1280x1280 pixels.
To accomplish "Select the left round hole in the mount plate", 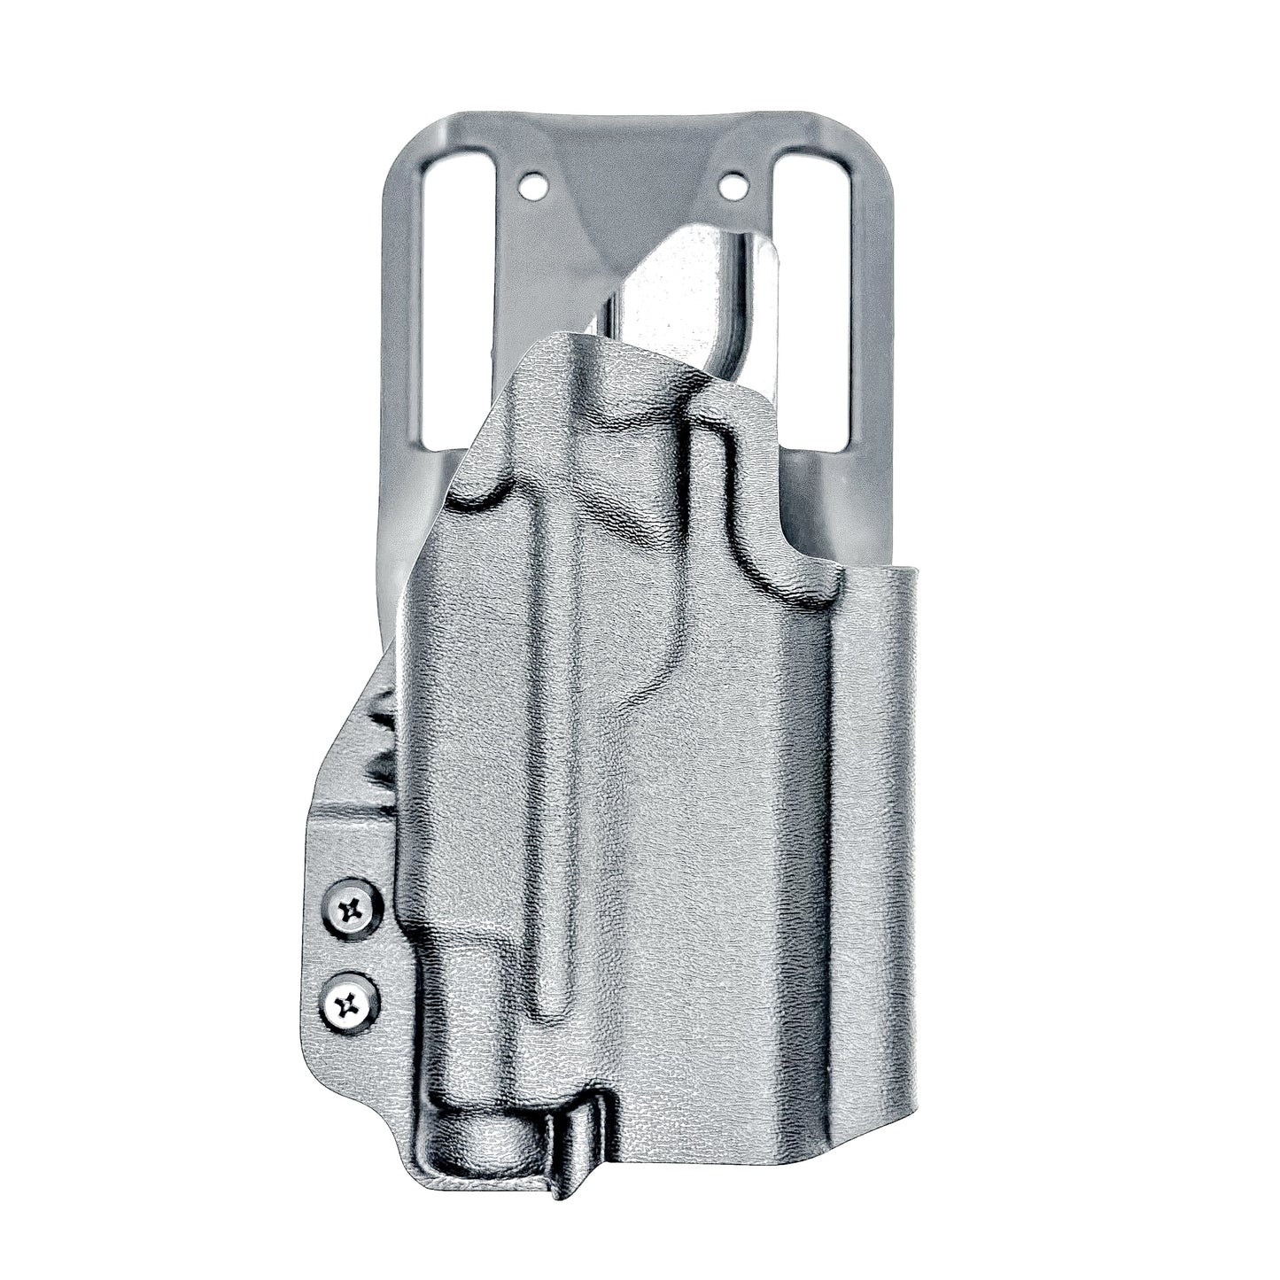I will tap(533, 188).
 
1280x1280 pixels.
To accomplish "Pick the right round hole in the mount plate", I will tap(733, 187).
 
